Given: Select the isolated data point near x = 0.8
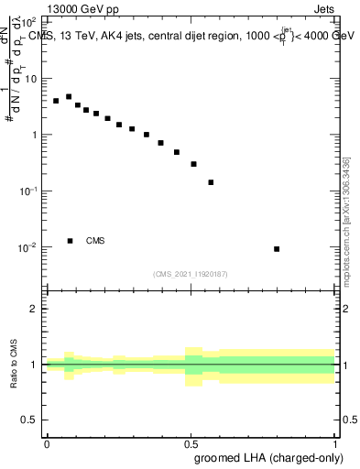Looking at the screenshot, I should click(x=277, y=249).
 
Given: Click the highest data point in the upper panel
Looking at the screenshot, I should click(x=69, y=96).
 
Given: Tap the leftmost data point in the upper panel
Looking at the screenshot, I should click(x=56, y=101).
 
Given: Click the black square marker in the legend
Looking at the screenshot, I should click(x=70, y=241).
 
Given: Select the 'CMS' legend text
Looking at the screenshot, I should click(x=95, y=241).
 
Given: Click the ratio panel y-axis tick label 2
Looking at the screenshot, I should click(x=34, y=309).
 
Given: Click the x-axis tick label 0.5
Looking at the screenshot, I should click(x=191, y=442).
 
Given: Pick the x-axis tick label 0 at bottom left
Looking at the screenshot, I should click(x=47, y=442).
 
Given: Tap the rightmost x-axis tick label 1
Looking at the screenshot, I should click(x=335, y=442).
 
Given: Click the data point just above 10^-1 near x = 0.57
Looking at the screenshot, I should click(x=211, y=182).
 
